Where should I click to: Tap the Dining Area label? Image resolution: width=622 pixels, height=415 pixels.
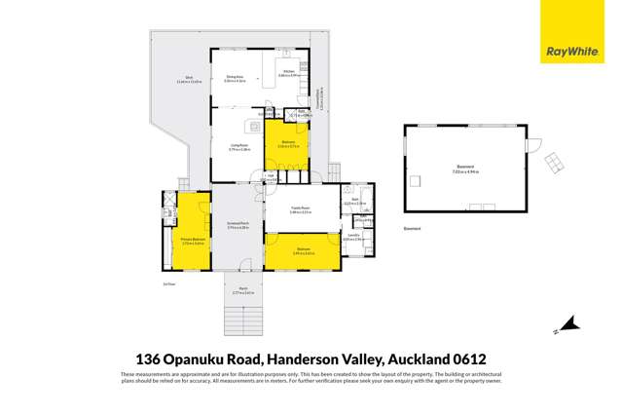(234, 78)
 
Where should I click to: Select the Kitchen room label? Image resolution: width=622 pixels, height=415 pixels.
(288, 71)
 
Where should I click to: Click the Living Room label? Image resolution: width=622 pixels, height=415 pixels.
(239, 147)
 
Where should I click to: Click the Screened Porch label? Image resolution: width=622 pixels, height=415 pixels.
(238, 227)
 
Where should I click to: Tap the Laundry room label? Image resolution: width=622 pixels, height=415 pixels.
(352, 237)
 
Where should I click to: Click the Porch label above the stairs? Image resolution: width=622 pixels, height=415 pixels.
(244, 289)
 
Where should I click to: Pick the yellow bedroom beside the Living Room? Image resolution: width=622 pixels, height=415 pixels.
(287, 145)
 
